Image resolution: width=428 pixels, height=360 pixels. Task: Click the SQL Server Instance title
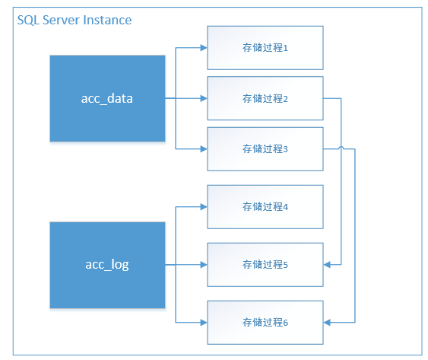click(x=74, y=20)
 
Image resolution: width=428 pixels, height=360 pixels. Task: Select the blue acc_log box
click(x=107, y=265)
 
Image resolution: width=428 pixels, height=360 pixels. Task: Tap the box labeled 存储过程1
click(x=265, y=47)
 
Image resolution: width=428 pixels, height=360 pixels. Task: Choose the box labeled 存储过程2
click(x=265, y=98)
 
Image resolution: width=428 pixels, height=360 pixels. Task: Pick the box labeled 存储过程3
click(x=265, y=149)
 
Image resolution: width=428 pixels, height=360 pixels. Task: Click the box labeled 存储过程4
click(x=265, y=206)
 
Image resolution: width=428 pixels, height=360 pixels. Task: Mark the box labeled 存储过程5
click(x=265, y=264)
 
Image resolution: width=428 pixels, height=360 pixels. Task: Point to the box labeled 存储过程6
click(x=265, y=322)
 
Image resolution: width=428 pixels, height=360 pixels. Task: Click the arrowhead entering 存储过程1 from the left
click(x=203, y=47)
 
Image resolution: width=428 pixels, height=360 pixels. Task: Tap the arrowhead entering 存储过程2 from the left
click(x=203, y=98)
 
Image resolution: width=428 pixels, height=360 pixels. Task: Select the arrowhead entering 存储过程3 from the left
click(x=203, y=149)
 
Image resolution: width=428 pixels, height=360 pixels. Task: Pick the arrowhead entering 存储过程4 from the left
click(x=203, y=206)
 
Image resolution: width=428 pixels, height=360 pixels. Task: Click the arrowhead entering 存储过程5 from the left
click(x=203, y=264)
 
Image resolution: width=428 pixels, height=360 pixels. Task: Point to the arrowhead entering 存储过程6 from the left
click(x=203, y=322)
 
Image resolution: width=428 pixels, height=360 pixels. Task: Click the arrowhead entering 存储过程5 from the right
click(x=328, y=264)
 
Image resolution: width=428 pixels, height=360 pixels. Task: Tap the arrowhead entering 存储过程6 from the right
click(x=328, y=322)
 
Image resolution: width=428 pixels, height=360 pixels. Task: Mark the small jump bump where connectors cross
click(x=341, y=148)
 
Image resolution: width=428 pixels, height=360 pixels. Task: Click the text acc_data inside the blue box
click(x=107, y=98)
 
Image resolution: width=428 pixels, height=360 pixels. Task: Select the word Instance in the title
click(x=106, y=20)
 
